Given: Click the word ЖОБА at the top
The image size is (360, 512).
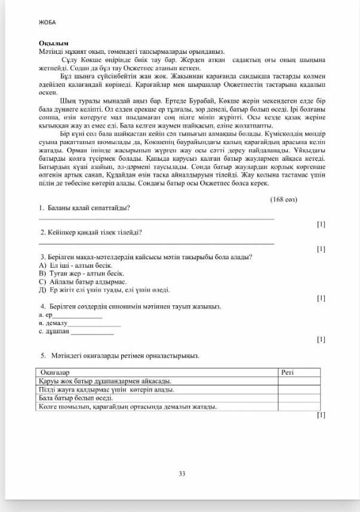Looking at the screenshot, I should coord(47,22).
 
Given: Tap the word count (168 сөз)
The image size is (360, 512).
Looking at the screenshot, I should coord(284,198).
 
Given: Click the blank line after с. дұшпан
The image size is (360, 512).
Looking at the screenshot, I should coord(92,333).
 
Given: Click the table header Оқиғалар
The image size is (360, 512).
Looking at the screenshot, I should coord(54,372).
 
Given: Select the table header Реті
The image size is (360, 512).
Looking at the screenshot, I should coord(287,372).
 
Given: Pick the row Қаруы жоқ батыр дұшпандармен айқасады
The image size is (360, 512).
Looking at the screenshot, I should coord(104,381).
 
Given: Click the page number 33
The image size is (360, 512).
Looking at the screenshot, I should coord(182,473).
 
